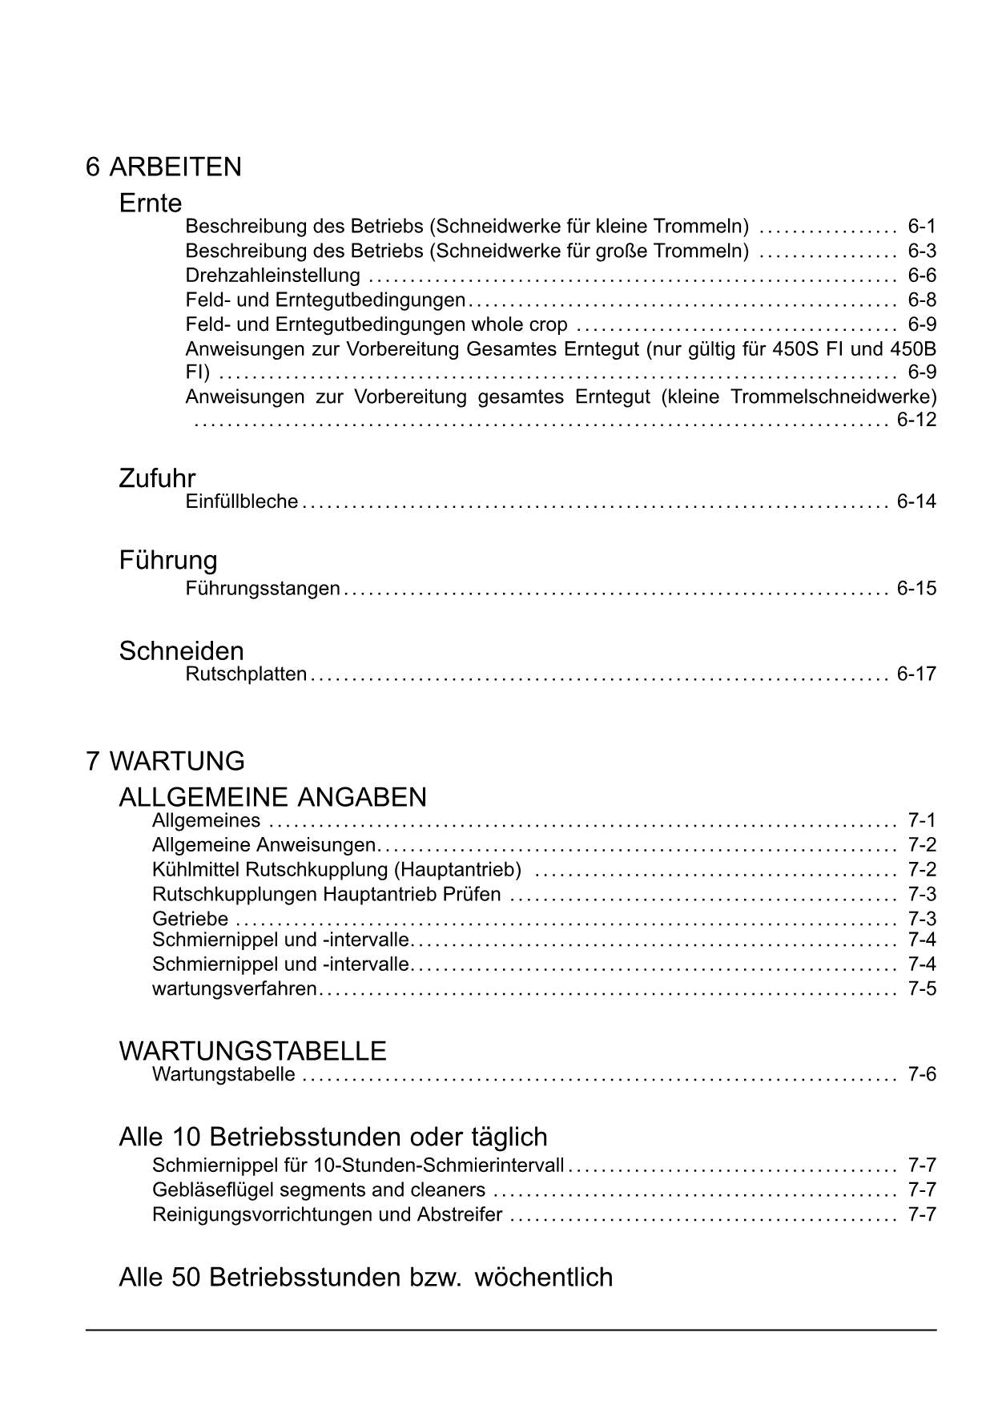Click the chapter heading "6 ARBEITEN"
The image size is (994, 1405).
tap(163, 167)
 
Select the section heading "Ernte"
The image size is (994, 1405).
tap(151, 203)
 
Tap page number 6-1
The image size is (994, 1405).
tap(922, 226)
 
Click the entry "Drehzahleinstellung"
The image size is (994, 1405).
tap(272, 276)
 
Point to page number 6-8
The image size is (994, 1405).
tap(922, 300)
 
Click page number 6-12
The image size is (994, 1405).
tap(916, 420)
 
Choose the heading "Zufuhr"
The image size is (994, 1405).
tap(157, 478)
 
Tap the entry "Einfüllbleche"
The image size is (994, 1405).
tap(241, 501)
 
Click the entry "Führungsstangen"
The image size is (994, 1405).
tap(263, 589)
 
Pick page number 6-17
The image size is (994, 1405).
tap(916, 674)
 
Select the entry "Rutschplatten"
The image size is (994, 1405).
tap(246, 674)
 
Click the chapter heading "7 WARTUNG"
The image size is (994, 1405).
tap(165, 761)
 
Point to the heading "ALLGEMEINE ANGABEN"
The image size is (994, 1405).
tap(272, 797)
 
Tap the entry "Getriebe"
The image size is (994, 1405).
tap(190, 919)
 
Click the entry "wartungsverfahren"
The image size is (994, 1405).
tap(234, 988)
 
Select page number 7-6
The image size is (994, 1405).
tap(922, 1074)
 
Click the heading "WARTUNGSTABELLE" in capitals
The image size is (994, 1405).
tap(252, 1050)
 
